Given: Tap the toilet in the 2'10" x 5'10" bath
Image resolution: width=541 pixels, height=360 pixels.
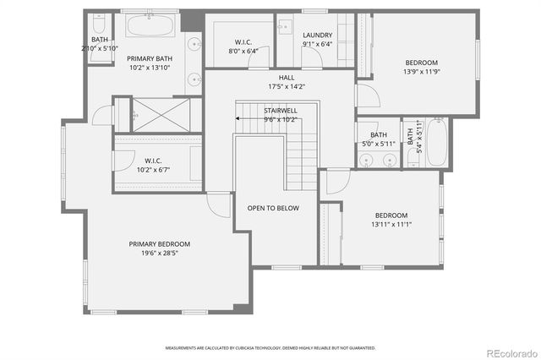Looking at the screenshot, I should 98,20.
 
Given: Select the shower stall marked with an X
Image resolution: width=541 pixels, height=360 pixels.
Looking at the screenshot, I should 159,115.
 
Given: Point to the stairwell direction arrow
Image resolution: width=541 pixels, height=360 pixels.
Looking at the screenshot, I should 240,119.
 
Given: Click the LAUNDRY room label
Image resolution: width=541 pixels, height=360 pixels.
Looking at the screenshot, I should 317,35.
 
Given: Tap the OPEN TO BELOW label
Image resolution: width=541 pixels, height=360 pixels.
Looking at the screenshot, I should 273,208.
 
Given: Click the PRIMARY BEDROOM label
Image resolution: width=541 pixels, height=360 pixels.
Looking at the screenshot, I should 153,244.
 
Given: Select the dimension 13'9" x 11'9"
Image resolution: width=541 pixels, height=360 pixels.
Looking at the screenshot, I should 420,72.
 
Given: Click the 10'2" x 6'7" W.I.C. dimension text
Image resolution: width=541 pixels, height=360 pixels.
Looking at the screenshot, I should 153,169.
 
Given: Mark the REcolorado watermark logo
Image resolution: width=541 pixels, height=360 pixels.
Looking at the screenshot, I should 511,352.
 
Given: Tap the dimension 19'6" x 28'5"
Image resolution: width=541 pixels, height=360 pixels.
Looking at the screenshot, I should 153,253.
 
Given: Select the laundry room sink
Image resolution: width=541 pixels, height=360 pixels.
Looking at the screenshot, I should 286,25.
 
